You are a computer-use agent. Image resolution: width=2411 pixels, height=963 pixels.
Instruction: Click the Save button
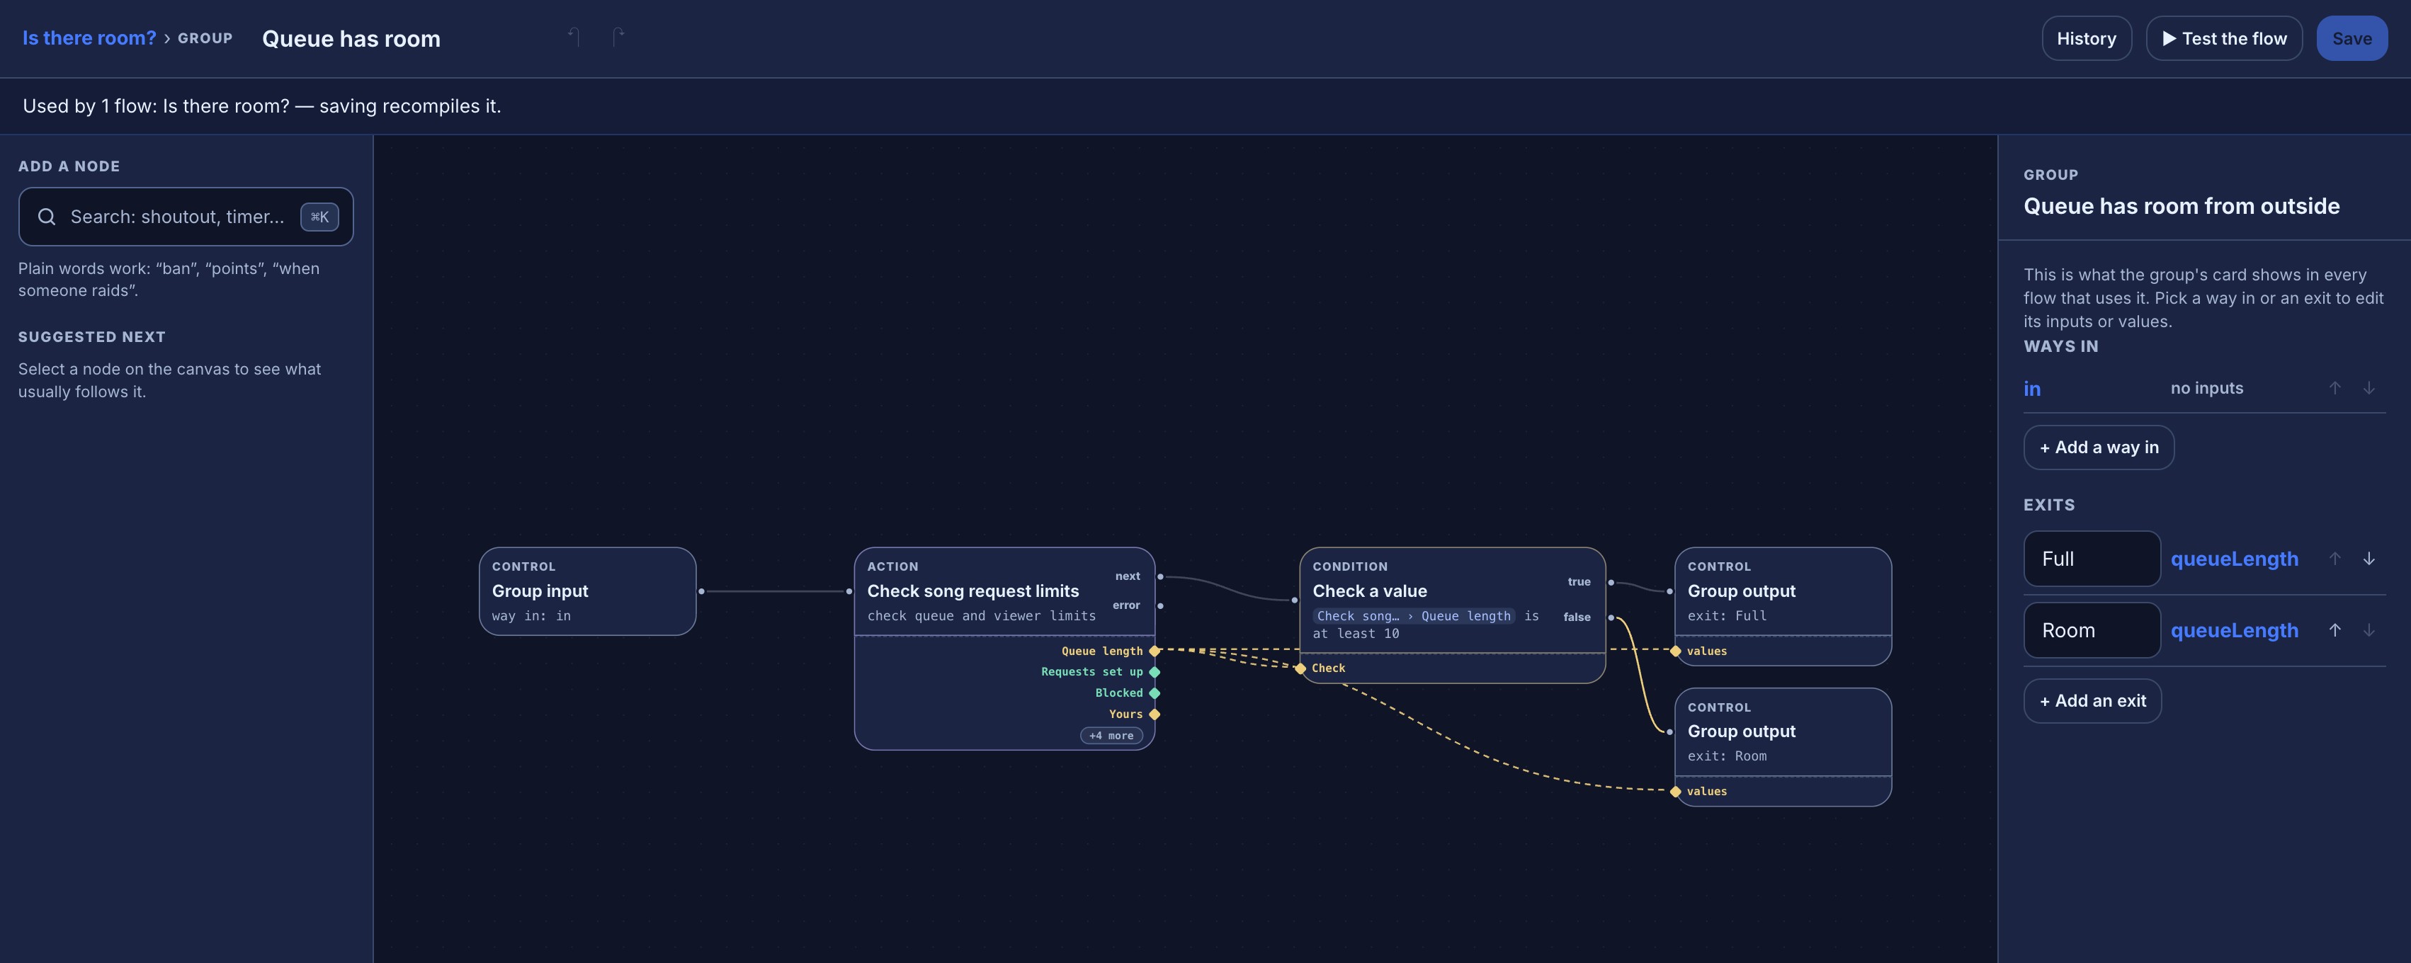point(2351,38)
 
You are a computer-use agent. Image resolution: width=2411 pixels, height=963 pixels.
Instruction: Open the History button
point(2086,38)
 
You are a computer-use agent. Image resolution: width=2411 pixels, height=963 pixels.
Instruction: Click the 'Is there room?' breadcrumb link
point(89,38)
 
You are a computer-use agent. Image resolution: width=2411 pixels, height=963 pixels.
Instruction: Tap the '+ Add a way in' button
point(2099,448)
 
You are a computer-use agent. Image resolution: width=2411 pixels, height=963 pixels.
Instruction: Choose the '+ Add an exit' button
point(2093,701)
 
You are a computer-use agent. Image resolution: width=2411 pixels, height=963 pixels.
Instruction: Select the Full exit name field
point(2092,559)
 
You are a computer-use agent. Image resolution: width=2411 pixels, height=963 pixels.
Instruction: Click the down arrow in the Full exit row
point(2369,559)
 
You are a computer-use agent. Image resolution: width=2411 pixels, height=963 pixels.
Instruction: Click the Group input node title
point(540,591)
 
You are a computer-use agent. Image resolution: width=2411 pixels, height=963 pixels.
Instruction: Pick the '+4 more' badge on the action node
point(1111,736)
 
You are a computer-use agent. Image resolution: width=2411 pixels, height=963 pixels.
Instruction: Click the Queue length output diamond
point(1155,651)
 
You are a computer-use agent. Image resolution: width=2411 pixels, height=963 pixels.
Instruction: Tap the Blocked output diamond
point(1155,693)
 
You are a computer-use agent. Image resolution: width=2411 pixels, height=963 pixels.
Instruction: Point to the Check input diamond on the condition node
point(1301,668)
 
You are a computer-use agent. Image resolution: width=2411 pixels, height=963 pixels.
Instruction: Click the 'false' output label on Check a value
point(1577,617)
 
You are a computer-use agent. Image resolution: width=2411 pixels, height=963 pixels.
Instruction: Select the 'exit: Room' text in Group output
point(1727,756)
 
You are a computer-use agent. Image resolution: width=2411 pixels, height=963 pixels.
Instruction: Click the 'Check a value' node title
point(1369,591)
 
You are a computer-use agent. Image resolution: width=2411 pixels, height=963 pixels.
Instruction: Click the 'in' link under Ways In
point(2032,388)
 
